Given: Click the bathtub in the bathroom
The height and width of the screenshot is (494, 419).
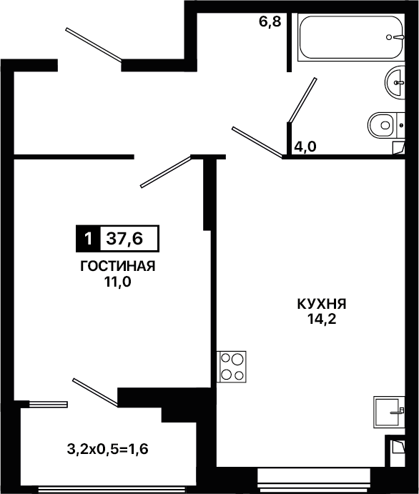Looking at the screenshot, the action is click(x=351, y=37).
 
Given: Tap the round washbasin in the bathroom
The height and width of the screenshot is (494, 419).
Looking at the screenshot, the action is click(x=395, y=82).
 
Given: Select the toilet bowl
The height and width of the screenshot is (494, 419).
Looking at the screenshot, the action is click(x=386, y=125).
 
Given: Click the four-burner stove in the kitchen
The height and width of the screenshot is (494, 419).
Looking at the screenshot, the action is click(x=231, y=367).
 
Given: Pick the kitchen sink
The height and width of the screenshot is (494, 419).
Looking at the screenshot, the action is click(x=389, y=412).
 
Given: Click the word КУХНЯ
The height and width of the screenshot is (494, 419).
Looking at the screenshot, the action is click(x=322, y=304).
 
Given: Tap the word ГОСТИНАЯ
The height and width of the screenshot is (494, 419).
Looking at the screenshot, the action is click(x=118, y=266).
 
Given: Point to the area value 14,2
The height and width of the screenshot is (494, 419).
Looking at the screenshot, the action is click(x=322, y=320).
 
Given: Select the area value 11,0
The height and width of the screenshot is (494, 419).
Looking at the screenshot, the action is click(x=118, y=282).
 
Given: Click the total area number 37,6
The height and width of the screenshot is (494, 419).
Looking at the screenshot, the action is click(x=124, y=239).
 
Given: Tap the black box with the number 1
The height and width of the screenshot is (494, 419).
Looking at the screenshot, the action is click(x=88, y=239).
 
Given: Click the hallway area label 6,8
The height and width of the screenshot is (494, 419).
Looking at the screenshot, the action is click(x=270, y=22).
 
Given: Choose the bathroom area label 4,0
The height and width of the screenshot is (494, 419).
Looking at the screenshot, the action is click(x=305, y=147).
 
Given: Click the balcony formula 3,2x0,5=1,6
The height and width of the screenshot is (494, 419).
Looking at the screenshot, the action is click(x=107, y=449).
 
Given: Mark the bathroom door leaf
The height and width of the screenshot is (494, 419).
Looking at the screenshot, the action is click(x=302, y=100).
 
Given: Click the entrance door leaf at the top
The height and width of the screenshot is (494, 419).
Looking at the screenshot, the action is click(x=94, y=45).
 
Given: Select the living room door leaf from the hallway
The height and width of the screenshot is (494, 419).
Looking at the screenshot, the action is click(x=166, y=172).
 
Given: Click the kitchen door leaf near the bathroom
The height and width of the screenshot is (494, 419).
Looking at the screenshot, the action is click(x=257, y=142).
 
